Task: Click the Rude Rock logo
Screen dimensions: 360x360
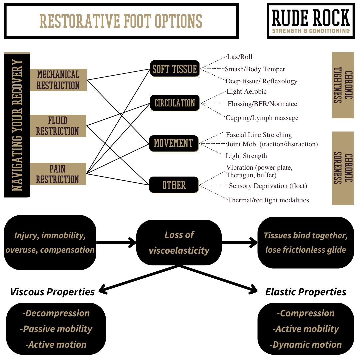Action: pyautogui.click(x=311, y=21)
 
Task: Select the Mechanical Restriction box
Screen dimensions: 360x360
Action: pyautogui.click(x=58, y=80)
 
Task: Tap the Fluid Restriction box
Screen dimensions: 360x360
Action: pyautogui.click(x=58, y=126)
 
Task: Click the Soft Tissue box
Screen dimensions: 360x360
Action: pyautogui.click(x=175, y=69)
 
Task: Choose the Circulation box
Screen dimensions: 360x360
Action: pyautogui.click(x=175, y=103)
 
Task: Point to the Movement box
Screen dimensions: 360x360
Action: pyautogui.click(x=174, y=144)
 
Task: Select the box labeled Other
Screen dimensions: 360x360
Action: pyautogui.click(x=174, y=185)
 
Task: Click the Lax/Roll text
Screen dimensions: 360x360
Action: pyautogui.click(x=237, y=57)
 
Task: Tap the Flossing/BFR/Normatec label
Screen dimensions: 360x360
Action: pyautogui.click(x=262, y=104)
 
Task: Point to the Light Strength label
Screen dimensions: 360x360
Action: pyautogui.click(x=246, y=156)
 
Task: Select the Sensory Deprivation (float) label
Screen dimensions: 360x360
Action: pyautogui.click(x=268, y=186)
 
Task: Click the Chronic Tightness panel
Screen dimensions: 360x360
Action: pyautogui.click(x=343, y=85)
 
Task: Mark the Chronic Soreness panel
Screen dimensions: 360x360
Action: pyautogui.click(x=343, y=168)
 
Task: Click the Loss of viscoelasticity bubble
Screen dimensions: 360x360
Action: pyautogui.click(x=179, y=243)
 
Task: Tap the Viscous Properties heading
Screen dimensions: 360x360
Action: pyautogui.click(x=53, y=292)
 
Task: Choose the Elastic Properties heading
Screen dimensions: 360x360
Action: pyautogui.click(x=306, y=292)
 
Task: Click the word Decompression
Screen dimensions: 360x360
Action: pyautogui.click(x=56, y=313)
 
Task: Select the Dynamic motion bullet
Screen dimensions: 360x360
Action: pyautogui.click(x=306, y=345)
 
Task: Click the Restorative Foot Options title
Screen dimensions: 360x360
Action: pyautogui.click(x=121, y=21)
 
